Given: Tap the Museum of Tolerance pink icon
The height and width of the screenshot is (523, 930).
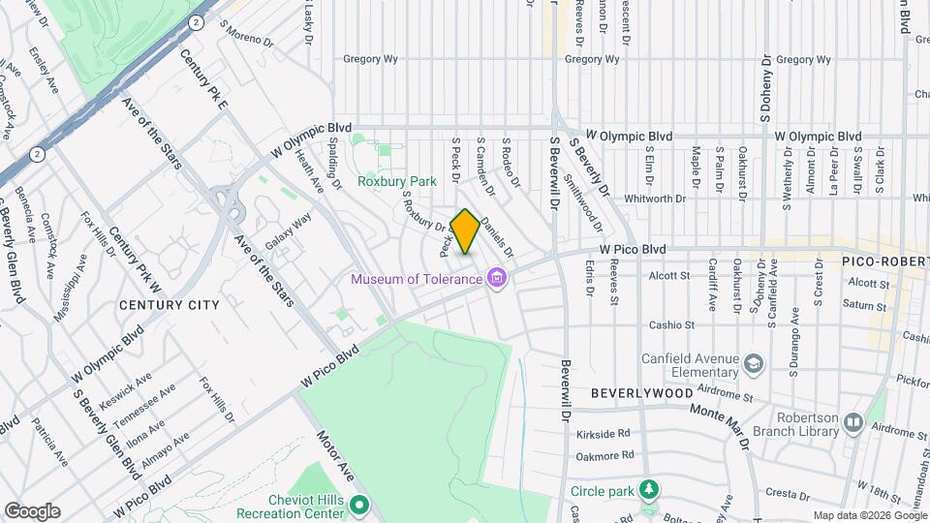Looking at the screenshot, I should coord(498,280).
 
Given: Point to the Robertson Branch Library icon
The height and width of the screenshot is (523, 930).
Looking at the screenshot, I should coord(853,422).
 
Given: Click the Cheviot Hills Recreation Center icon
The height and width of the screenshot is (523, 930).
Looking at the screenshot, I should coord(358,505).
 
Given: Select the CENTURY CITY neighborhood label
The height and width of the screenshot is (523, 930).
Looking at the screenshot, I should coord(170,304).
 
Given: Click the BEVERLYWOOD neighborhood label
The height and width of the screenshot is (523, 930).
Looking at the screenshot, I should coord(642,394).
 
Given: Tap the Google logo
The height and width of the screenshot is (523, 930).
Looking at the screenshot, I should coord(32,511).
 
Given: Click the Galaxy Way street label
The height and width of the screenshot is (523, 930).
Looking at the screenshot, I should coord(289,232).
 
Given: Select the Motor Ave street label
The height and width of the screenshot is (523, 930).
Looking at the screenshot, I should coord(336,456).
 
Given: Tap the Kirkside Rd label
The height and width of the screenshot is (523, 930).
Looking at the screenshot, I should coord(603,433).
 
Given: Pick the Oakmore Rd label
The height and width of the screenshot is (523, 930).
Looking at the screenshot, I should coord(603,454).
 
